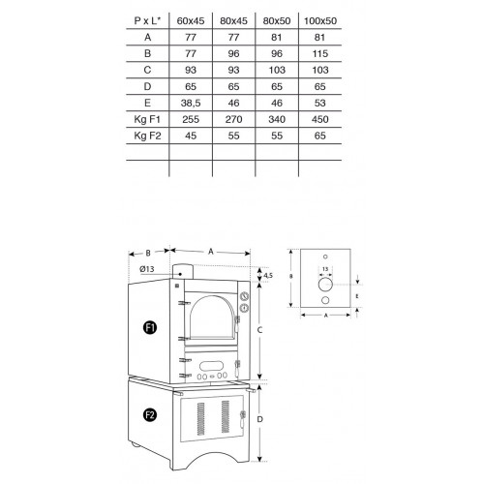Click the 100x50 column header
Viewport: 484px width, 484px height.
[x=320, y=21]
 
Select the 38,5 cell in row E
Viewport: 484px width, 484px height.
[x=191, y=103]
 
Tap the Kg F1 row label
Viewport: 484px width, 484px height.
[x=147, y=119]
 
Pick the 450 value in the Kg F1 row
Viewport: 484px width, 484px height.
[x=320, y=119]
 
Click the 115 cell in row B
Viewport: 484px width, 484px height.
[x=320, y=53]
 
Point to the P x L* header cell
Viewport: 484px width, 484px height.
[x=147, y=21]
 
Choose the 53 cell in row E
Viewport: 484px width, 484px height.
[x=320, y=103]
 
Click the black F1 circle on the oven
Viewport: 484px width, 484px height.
[x=150, y=328]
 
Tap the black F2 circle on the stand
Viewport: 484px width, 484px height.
[x=150, y=414]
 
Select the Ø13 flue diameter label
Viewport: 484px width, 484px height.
[x=147, y=269]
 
